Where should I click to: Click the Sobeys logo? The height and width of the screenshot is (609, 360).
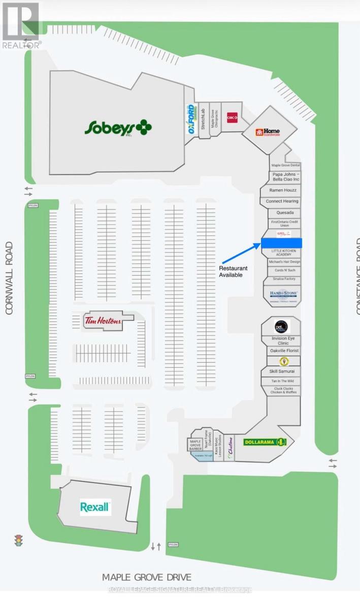tap(118, 127)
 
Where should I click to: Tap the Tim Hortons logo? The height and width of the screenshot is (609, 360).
tap(103, 321)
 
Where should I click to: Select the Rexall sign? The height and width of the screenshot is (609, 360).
tap(95, 507)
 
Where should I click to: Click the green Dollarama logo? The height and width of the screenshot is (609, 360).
tap(265, 442)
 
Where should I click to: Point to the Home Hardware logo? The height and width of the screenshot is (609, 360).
tap(268, 133)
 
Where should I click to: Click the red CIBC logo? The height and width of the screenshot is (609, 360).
tap(233, 118)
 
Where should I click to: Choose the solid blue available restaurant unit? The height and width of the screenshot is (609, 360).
tap(281, 243)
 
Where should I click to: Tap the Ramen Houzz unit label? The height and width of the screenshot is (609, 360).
tap(280, 190)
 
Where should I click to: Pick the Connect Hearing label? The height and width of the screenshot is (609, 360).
tap(282, 201)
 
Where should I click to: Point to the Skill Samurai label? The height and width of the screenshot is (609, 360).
tap(282, 371)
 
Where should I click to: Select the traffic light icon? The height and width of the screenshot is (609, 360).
tap(18, 541)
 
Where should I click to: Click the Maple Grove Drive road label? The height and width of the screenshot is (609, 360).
tap(147, 578)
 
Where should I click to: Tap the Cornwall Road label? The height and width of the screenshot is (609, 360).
tap(9, 278)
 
